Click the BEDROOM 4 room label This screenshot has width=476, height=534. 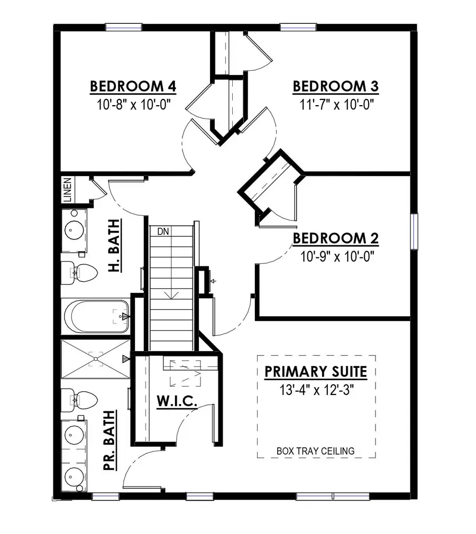tap(133, 86)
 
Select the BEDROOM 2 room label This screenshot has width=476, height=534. tap(336, 238)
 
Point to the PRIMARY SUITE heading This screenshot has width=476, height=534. tap(316, 372)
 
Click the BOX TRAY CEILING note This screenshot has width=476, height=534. tap(316, 451)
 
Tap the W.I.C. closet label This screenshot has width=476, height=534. tap(177, 401)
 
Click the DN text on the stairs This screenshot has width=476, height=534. tap(163, 231)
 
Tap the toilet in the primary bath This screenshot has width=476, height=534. tap(78, 400)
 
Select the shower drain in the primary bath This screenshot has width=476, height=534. tap(96, 359)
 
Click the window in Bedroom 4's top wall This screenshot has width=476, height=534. tap(123, 27)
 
